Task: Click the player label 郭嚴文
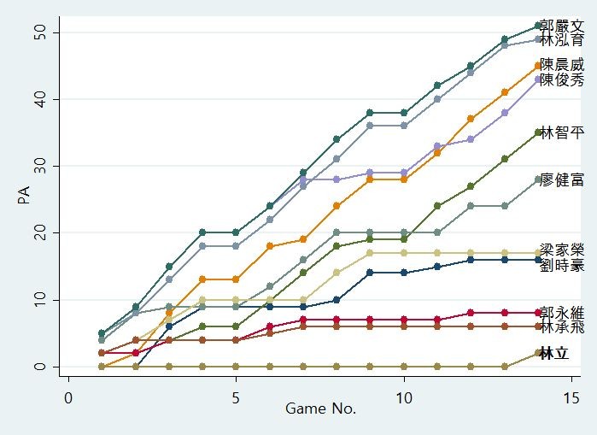coord(562,26)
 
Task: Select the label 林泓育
coord(562,39)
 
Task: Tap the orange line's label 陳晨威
coord(562,65)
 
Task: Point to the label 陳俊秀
coord(562,79)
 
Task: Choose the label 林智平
coord(562,132)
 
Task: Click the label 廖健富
coord(562,179)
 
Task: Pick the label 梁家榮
coord(562,251)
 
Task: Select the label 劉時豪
coord(562,265)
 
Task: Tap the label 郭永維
coord(562,312)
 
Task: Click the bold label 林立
coord(553,353)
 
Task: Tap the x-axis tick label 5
coord(236,398)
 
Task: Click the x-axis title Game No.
coord(320,409)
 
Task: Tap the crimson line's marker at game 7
coord(303,320)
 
